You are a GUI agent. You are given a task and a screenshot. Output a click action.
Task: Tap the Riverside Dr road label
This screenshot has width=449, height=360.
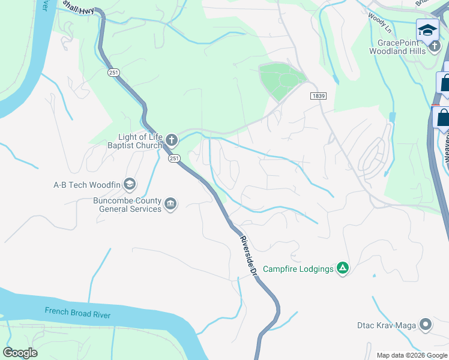coord(248,256)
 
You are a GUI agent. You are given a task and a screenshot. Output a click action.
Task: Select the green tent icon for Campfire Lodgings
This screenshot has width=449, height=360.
coord(342,268)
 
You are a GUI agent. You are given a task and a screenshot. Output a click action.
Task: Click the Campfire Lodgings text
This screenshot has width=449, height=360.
coord(298,269)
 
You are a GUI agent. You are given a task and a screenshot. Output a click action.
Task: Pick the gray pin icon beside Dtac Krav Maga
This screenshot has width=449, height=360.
coord(426,325)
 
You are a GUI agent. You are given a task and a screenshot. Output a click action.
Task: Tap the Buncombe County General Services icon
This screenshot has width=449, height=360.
coord(171,205)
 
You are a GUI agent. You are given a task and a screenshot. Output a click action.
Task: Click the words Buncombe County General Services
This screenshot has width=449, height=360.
coord(127,205)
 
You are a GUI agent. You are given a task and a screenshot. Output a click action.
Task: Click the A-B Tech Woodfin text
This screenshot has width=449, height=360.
coord(86,184)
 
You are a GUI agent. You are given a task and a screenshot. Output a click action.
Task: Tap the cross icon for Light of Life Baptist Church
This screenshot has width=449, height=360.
coord(172,141)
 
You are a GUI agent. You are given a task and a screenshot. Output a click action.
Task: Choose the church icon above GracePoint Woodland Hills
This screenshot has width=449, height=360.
coord(434,46)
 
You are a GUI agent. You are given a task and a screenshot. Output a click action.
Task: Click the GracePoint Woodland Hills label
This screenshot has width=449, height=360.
coord(402,47)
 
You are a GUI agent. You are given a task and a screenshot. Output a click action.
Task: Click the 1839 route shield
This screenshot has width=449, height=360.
coord(318,96)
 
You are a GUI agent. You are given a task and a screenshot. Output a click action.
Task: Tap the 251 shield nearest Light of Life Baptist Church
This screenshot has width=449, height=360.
coord(174,158)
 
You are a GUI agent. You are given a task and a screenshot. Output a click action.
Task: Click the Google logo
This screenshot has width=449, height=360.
coord(20,352)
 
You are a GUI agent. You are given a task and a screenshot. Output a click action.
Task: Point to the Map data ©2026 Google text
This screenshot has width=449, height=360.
coord(411,355)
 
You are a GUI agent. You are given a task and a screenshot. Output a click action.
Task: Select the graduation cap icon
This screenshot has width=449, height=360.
coord(427,29)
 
